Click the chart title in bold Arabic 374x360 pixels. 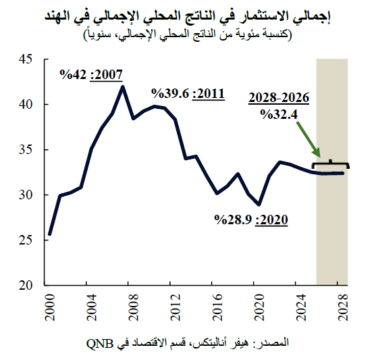coord(186,14)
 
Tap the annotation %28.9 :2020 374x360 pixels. coord(251,219)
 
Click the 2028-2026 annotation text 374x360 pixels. coord(279,99)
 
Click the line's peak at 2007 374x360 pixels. coord(123,86)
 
